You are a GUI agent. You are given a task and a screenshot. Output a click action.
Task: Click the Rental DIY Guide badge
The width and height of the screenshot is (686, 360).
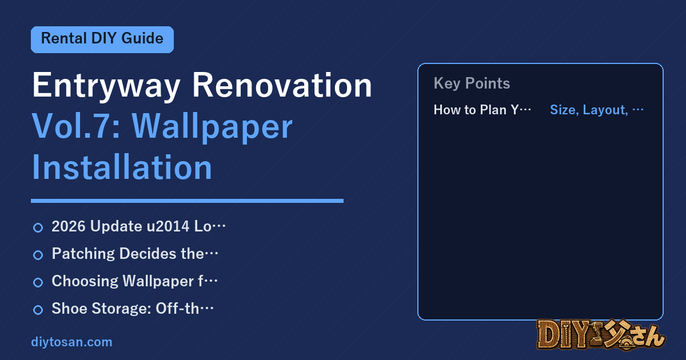(x=102, y=39)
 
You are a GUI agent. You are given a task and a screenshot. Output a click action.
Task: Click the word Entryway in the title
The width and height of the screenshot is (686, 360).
(x=106, y=86)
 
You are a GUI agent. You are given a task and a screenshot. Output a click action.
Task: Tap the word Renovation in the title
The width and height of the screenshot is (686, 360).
(x=282, y=85)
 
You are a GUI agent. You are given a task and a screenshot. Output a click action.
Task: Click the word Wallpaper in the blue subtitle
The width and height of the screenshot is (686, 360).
(x=212, y=127)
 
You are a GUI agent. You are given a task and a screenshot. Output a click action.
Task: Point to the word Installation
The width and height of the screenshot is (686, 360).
(x=122, y=167)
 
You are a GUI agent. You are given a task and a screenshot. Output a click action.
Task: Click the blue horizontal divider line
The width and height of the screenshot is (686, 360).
(x=187, y=201)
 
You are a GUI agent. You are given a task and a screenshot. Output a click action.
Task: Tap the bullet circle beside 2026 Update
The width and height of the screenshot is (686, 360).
(x=38, y=228)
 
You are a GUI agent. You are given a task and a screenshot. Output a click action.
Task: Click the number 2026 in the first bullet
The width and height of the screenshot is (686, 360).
(x=69, y=226)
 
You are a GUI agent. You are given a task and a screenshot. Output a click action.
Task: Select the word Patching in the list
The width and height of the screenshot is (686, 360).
(x=83, y=254)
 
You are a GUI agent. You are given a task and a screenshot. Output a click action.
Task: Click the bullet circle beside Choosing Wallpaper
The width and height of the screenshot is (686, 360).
(x=38, y=282)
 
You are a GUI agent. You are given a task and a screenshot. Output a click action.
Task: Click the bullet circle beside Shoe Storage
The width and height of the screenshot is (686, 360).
(x=38, y=310)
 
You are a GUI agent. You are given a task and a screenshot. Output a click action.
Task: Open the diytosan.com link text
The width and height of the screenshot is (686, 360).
(x=71, y=342)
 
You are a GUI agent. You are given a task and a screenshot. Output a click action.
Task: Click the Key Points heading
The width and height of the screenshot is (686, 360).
(x=472, y=83)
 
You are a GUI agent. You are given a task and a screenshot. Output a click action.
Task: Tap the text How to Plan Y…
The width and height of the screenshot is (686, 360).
(x=482, y=110)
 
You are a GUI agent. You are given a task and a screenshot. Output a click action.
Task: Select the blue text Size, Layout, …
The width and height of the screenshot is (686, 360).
(x=597, y=110)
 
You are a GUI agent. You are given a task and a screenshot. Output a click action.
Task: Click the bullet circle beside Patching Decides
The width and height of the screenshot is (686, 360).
(x=38, y=255)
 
